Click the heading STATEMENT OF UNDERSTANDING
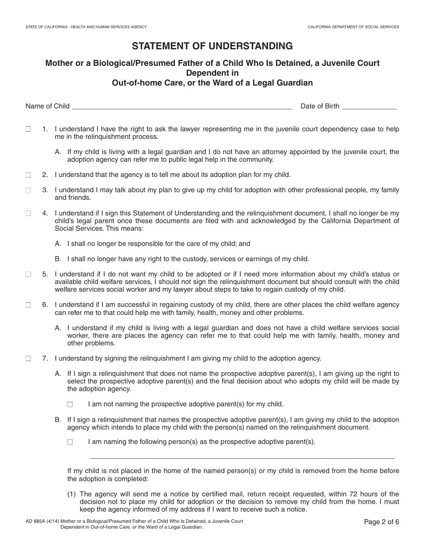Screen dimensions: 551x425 point(212,46)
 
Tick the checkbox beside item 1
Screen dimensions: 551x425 point(28,129)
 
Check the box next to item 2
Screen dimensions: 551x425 point(28,175)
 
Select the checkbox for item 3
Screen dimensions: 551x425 point(28,190)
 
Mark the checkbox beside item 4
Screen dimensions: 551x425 point(28,213)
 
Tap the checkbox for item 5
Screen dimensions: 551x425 point(28,274)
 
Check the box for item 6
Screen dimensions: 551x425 point(28,305)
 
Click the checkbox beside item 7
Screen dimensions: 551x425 point(28,358)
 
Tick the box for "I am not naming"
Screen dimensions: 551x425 point(70,404)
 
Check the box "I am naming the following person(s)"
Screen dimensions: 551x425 point(70,442)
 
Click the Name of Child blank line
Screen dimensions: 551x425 point(182,107)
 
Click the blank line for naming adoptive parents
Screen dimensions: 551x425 point(242,456)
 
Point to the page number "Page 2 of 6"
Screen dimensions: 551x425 point(381,521)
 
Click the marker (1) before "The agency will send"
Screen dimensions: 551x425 point(72,494)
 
